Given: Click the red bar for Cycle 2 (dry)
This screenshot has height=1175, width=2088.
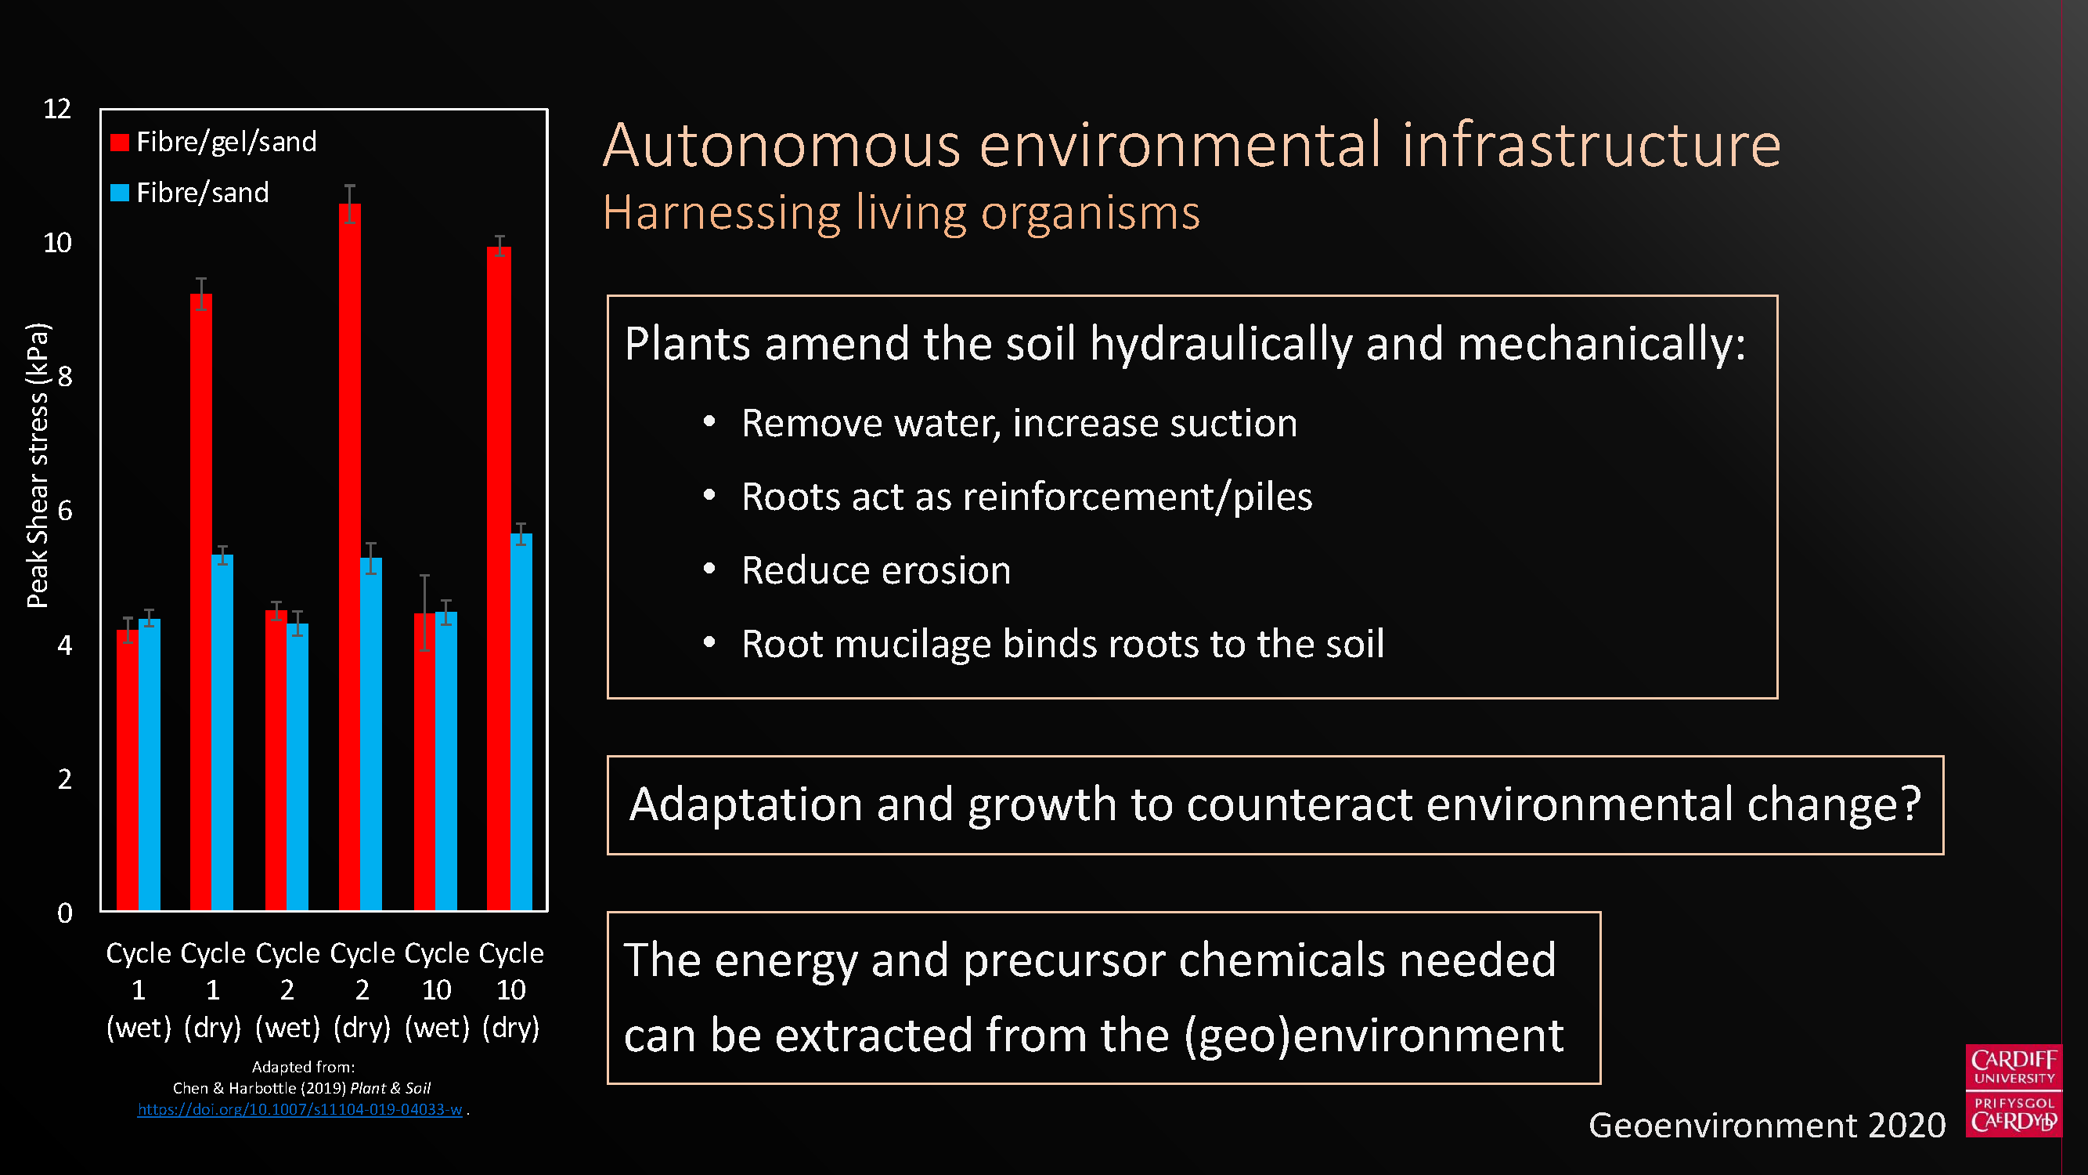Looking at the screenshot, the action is (349, 557).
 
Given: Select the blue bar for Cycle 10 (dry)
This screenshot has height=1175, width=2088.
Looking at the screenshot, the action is (521, 721).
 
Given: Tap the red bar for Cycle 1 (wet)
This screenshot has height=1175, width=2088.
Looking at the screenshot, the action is (128, 770).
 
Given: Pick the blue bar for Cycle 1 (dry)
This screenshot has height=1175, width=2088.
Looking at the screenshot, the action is (222, 732).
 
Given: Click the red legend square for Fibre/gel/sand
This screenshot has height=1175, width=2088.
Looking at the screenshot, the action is (119, 143).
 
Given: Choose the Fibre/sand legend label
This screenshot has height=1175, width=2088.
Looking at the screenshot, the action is (203, 193).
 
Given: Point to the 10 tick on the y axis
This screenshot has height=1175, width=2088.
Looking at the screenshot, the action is (58, 243).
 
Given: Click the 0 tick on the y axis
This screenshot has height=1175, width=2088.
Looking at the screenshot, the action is (65, 913).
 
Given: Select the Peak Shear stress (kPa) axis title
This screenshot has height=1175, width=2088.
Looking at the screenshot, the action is (38, 465).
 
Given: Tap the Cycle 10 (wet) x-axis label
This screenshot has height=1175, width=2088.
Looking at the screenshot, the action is (437, 990).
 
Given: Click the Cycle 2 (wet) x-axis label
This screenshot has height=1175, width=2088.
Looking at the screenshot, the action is (288, 990).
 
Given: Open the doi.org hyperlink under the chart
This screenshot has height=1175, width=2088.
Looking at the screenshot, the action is (300, 1109).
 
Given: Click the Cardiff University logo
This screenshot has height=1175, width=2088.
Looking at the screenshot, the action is (2014, 1090).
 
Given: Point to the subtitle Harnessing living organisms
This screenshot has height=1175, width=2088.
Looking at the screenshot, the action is (901, 213).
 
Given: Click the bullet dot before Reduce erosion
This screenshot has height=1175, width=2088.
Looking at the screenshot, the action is (709, 569).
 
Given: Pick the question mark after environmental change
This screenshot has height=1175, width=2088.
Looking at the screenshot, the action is (1910, 804).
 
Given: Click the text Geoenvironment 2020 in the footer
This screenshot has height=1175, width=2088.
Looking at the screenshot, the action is (1767, 1126).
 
